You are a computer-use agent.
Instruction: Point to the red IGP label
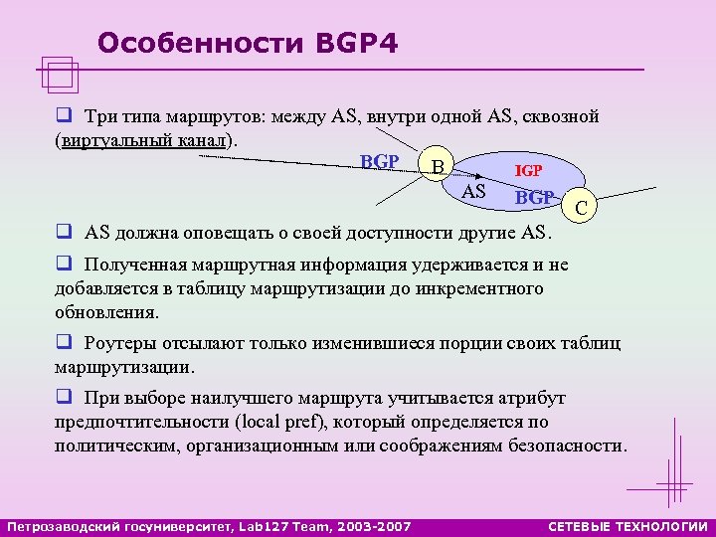pos(527,171)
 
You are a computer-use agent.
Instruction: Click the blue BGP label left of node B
pos(380,161)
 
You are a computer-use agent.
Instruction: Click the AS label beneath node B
pos(475,191)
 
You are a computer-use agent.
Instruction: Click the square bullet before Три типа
pos(63,116)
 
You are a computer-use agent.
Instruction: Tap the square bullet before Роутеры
pos(63,344)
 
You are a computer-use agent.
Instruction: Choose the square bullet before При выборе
pos(63,398)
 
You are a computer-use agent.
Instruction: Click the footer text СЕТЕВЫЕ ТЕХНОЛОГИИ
pos(628,525)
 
